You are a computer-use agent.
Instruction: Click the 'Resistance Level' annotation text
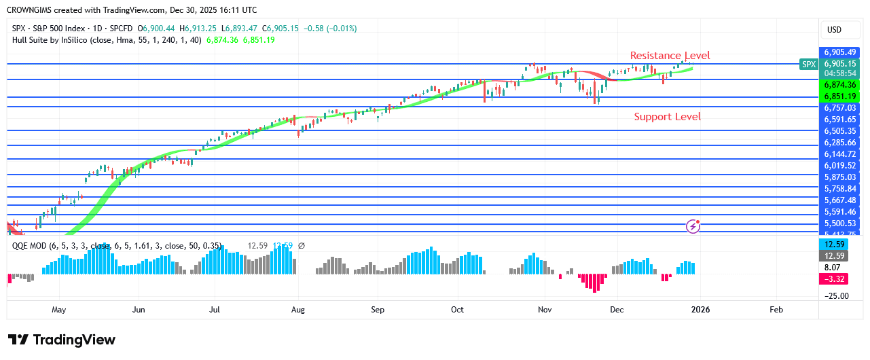(670, 56)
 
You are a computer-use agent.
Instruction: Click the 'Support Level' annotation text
(667, 117)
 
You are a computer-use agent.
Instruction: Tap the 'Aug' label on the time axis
(297, 310)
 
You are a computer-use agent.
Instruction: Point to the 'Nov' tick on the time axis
(544, 310)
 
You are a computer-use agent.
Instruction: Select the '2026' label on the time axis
(700, 310)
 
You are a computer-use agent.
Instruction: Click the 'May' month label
(58, 310)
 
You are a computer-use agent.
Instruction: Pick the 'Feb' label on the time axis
(776, 310)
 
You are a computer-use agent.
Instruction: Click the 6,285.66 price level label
(840, 143)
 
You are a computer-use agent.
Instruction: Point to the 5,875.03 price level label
(840, 177)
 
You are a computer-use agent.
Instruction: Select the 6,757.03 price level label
(840, 107)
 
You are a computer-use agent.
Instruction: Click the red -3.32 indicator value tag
(833, 279)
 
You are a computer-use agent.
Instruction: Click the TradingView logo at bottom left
(62, 340)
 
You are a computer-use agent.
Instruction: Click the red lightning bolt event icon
(693, 226)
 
